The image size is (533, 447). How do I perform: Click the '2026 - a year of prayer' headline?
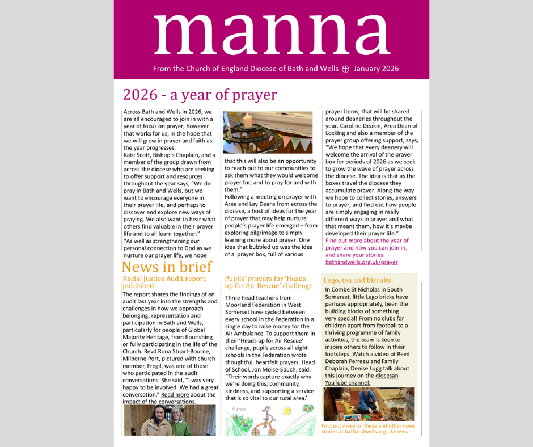[200, 94]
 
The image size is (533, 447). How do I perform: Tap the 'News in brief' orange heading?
[167, 267]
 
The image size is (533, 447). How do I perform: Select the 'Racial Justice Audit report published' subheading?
[164, 282]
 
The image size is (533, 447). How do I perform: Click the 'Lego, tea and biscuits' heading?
[357, 280]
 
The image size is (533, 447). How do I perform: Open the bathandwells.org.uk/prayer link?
[362, 262]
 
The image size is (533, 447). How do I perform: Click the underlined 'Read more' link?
[175, 394]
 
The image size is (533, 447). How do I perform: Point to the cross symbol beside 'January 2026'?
[345, 69]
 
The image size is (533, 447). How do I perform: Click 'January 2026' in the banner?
[376, 69]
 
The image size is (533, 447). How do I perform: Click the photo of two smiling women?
[170, 420]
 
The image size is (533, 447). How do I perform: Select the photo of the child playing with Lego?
[369, 404]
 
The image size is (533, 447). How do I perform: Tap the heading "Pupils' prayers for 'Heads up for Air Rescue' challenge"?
[268, 282]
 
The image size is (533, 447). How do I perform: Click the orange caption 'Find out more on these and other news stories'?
[368, 428]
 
